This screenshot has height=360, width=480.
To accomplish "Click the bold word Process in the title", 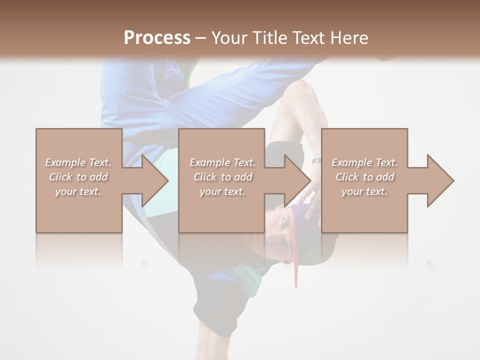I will pyautogui.click(x=157, y=38).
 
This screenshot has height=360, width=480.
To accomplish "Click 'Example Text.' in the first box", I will pyautogui.click(x=78, y=162).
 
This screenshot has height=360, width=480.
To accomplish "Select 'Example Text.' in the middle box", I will pyautogui.click(x=222, y=162).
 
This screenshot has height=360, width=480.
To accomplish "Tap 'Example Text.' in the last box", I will pyautogui.click(x=364, y=162).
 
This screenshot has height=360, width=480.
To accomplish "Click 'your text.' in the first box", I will pyautogui.click(x=78, y=191).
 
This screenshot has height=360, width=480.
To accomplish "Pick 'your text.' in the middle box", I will pyautogui.click(x=222, y=191).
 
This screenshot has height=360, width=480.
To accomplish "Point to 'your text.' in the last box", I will pyautogui.click(x=364, y=191).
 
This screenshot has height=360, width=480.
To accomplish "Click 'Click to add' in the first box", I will pyautogui.click(x=78, y=177).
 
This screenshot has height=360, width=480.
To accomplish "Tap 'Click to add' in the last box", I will pyautogui.click(x=364, y=177).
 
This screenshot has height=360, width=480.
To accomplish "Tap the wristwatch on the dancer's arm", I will pyautogui.click(x=316, y=160).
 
